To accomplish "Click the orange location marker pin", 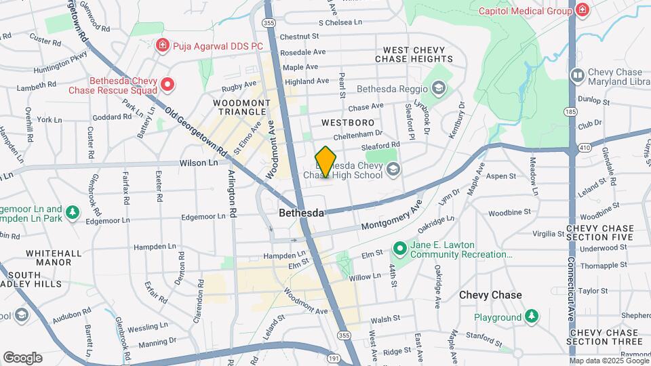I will point(325,163).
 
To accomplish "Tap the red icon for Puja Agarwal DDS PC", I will point(162,45).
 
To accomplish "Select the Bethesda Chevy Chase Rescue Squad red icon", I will point(167,85).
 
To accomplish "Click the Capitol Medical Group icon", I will point(582,10).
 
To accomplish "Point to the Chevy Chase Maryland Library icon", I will point(577,75).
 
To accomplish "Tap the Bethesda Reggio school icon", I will point(438,88).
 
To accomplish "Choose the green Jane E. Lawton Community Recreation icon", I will point(400,249).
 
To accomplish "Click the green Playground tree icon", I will point(532,317).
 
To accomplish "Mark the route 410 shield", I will point(586,147).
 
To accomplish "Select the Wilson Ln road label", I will point(199,163).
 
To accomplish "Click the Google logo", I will point(22,358).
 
